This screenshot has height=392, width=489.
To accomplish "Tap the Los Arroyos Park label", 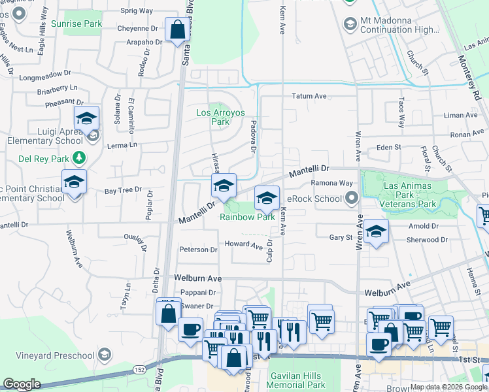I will coord(221,117).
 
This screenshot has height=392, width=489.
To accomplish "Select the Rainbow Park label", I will coord(246,217).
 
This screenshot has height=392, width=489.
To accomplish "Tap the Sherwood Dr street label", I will coord(428,240).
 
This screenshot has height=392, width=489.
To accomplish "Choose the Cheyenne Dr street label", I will coord(139,28).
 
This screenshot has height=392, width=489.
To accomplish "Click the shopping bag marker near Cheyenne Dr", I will coord(177,30).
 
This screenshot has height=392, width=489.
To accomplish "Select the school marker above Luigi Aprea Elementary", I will coord(86,119).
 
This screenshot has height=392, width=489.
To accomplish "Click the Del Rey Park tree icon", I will coord(79,157).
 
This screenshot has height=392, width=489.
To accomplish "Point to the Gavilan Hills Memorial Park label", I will coord(297,380).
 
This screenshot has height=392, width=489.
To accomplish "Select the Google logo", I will coord(22,384).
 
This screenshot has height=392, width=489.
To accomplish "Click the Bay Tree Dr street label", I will coord(123,190).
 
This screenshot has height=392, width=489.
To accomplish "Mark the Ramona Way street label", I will coord(331,184).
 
